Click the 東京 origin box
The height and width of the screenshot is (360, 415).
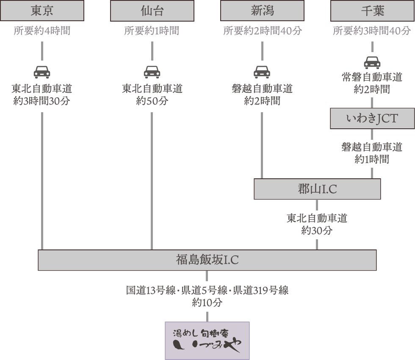coord(42,11)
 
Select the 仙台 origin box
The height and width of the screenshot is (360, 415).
coord(152,11)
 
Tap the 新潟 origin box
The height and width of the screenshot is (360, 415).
coord(262,11)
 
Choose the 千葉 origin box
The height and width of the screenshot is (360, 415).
coord(372,11)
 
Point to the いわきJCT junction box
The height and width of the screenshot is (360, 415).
coord(372,119)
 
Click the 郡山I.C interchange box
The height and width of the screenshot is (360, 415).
coord(317,189)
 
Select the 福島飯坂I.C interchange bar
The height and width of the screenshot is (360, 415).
coord(207,260)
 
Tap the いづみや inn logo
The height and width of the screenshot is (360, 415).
coord(207,341)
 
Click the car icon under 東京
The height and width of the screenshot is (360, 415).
coord(42,72)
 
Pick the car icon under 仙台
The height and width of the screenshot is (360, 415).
coord(152,72)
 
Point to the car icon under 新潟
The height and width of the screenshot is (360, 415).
coord(262,72)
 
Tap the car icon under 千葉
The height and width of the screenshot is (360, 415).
coord(372,62)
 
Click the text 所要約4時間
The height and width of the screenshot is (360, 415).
coord(42,31)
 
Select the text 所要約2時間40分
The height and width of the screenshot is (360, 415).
coord(263,31)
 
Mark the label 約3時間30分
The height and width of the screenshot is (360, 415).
coord(42,101)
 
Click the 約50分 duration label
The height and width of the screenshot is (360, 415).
coord(152,101)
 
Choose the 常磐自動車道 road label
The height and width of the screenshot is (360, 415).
coord(372,78)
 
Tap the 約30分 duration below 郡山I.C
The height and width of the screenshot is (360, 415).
coord(317,231)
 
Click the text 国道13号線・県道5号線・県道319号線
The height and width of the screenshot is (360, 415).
coord(207,291)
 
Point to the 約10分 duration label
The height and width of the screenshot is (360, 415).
coord(207,302)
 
